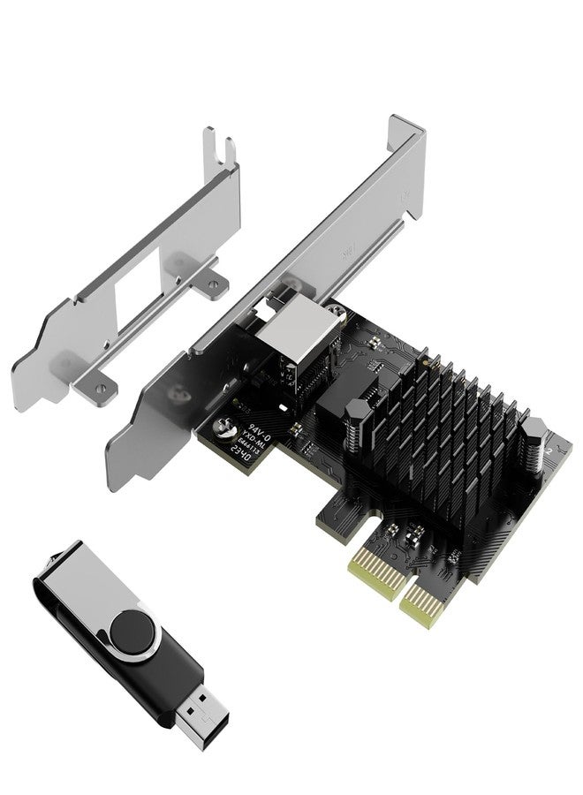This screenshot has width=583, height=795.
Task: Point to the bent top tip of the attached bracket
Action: point(408,125)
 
